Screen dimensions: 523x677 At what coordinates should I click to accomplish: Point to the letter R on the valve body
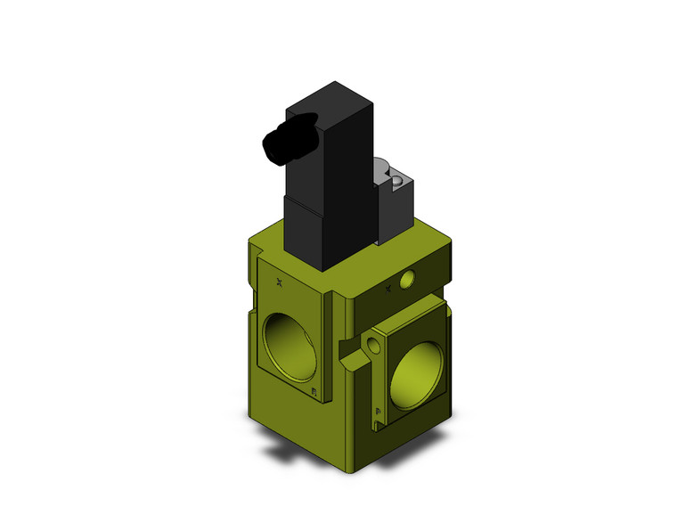coord(314,391)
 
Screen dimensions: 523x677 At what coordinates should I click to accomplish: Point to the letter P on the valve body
coord(379,412)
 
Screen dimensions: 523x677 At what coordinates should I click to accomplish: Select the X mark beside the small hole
coord(387,288)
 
